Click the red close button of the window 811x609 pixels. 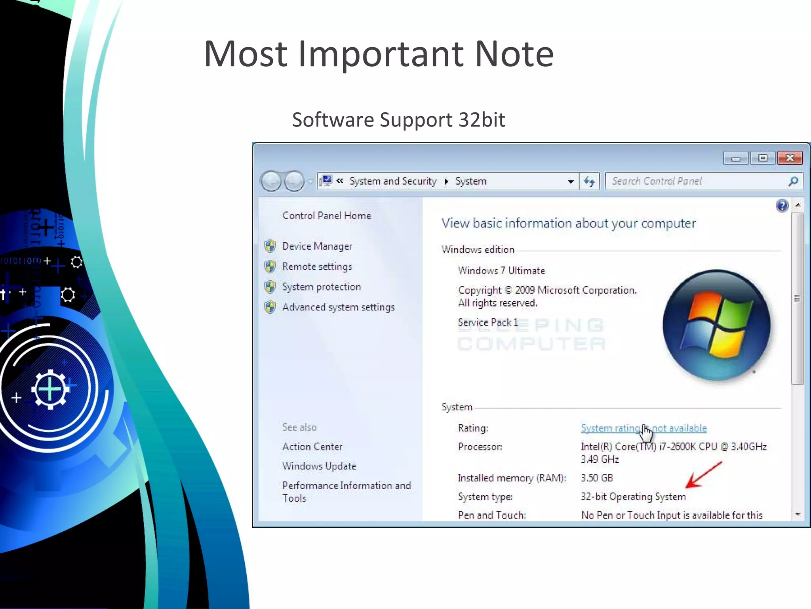click(790, 158)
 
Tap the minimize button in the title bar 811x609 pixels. click(736, 158)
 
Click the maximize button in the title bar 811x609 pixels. click(763, 158)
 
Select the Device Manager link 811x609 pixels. click(317, 246)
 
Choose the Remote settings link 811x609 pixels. click(317, 266)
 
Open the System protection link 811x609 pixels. click(321, 287)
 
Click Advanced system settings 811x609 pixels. click(338, 307)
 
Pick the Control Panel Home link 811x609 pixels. click(327, 216)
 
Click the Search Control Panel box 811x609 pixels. click(697, 181)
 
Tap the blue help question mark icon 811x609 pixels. click(782, 205)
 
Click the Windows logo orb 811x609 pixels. click(717, 325)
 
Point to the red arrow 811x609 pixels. click(704, 475)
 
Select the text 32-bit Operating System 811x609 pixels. click(633, 497)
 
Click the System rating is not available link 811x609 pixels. click(643, 428)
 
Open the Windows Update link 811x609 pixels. click(319, 466)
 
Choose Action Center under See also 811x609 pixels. click(312, 447)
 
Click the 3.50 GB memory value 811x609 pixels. click(596, 478)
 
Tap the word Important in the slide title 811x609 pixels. click(381, 54)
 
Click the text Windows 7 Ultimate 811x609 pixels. click(501, 271)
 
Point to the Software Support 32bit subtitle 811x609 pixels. click(398, 120)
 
